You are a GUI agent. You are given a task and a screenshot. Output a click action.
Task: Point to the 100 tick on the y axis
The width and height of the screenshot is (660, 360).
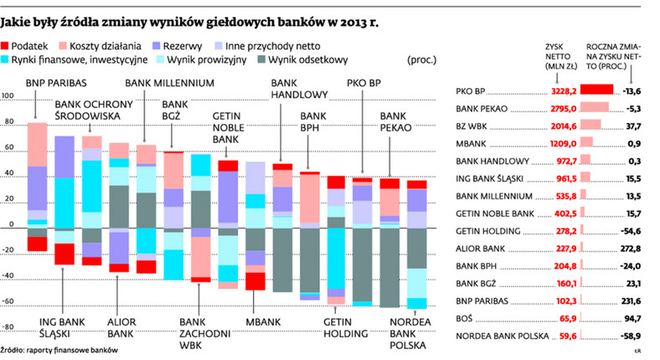[x=8, y=96]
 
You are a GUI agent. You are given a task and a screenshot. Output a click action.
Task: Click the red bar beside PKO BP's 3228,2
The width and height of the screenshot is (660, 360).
[x=597, y=90]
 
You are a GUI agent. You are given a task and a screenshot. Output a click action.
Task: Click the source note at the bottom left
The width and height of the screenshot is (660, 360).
[x=59, y=351]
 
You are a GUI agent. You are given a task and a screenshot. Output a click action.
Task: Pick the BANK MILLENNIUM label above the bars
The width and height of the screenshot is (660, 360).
[x=170, y=82]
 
